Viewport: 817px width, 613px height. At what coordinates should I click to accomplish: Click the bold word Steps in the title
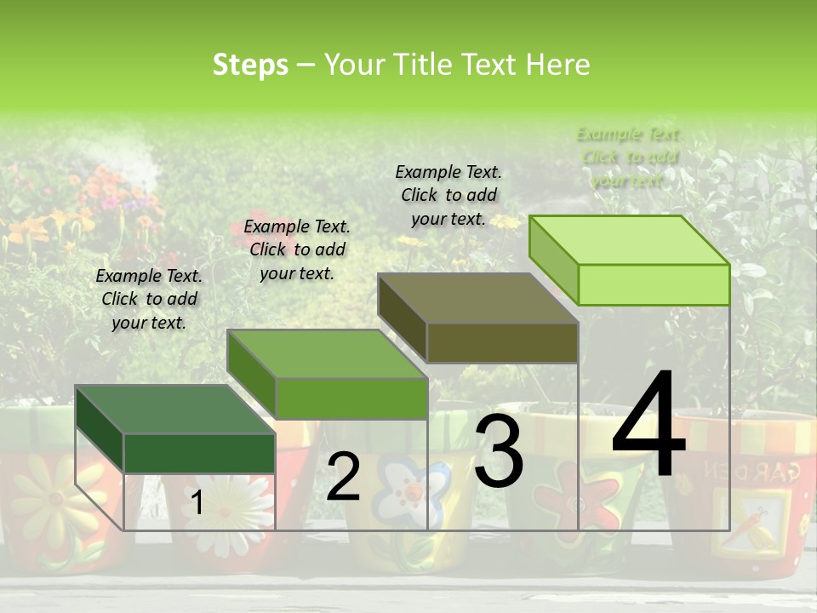(x=250, y=65)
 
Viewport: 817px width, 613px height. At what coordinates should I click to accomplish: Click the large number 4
(x=648, y=425)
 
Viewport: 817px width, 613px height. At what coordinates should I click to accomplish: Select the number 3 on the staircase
(x=499, y=451)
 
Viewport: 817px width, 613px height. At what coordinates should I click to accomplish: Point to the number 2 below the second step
(x=343, y=477)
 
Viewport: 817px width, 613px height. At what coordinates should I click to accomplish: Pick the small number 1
(x=197, y=503)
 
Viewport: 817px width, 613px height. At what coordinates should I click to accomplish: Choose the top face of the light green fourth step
(x=630, y=239)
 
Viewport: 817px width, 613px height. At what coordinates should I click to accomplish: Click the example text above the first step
(x=149, y=299)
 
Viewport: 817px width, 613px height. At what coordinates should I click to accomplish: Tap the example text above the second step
(x=297, y=249)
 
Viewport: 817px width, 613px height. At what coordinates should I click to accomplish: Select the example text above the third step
(x=448, y=195)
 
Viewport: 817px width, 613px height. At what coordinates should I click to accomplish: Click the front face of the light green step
(x=654, y=284)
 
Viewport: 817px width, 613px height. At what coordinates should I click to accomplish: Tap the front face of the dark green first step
(x=199, y=453)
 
